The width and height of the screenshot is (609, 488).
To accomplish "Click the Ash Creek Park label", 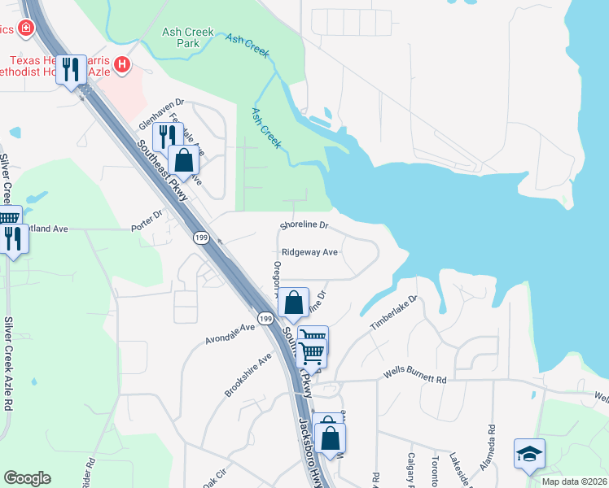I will tap(187, 37).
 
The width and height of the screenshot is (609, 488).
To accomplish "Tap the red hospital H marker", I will tap(122, 64).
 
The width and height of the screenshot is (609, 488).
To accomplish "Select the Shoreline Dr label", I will tap(304, 224).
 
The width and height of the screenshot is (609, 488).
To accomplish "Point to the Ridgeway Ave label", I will tap(309, 253).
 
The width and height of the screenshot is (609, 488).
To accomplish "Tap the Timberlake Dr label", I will tap(394, 312).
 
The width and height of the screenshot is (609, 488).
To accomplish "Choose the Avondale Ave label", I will tap(231, 332).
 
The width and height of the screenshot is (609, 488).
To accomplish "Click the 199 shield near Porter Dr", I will tap(203, 237).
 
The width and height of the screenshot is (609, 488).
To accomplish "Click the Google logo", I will tap(27, 478).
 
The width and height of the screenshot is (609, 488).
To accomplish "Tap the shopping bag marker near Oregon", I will tap(294, 303).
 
